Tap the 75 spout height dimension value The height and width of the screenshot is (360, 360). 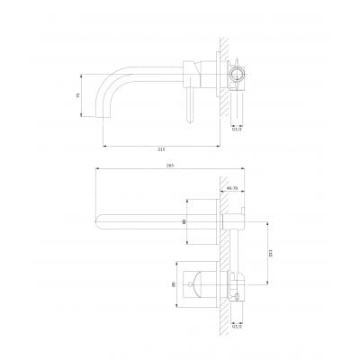pos(78,95)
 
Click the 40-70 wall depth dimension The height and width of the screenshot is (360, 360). pos(231,188)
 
